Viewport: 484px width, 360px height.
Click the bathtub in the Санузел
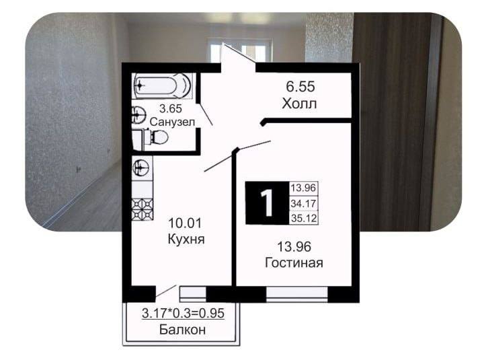pos(163,85)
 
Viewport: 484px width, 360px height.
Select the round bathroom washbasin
pos(139,114)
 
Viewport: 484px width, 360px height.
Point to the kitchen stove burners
pos(143,209)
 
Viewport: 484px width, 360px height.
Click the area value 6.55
pos(300,87)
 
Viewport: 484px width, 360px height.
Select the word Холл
pos(299,104)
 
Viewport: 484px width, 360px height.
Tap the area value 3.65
pos(170,109)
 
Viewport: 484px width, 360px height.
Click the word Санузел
pos(172,122)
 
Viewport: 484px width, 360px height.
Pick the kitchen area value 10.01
pos(186,223)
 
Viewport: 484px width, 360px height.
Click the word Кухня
pos(186,239)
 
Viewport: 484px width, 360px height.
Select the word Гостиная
pos(294,263)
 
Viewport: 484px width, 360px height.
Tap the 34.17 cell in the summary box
pos(303,204)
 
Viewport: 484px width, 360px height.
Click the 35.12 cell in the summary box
pos(304,218)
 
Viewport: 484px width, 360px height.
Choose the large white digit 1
pos(268,203)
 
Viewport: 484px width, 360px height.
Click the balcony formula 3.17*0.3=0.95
pos(183,314)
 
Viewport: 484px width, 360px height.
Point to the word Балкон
pos(182,330)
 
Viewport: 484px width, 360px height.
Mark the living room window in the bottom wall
pos(296,294)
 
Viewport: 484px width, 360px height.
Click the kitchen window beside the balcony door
pos(193,294)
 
